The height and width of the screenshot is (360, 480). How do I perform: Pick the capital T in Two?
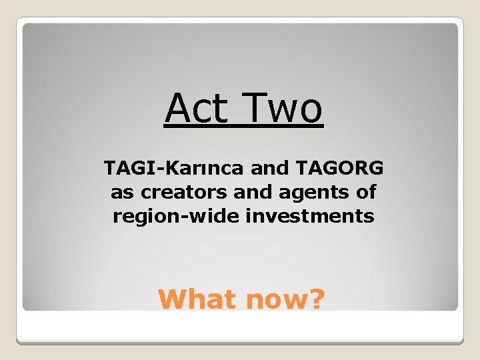[x=255, y=108]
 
